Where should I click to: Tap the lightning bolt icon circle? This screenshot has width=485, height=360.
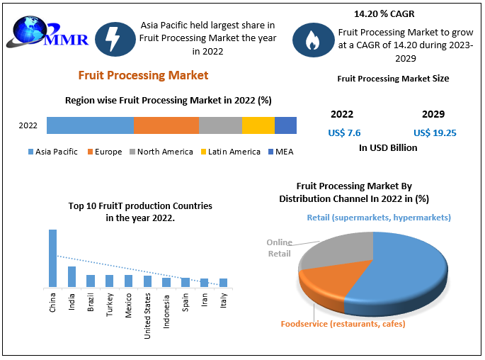[x=115, y=40]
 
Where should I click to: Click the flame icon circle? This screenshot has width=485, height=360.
[x=312, y=41]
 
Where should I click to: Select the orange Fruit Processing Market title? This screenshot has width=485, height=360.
[x=144, y=75]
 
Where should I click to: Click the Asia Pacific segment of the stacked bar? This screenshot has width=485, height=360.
[x=90, y=125]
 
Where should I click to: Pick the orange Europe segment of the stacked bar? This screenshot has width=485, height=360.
[x=166, y=125]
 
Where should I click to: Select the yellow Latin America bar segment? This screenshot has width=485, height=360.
[x=258, y=125]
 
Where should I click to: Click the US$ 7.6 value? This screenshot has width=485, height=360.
[x=344, y=133]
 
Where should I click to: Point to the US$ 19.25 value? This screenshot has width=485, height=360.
[x=434, y=133]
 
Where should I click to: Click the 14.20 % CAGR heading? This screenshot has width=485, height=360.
[x=384, y=13]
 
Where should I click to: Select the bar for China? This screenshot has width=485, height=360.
[x=52, y=258]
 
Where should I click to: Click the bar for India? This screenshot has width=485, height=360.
[x=72, y=276]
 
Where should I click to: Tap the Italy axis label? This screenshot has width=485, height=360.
[x=223, y=304]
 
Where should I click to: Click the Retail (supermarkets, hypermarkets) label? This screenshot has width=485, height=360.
[x=379, y=218]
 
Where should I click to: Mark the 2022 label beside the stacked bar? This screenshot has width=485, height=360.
[x=28, y=126]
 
